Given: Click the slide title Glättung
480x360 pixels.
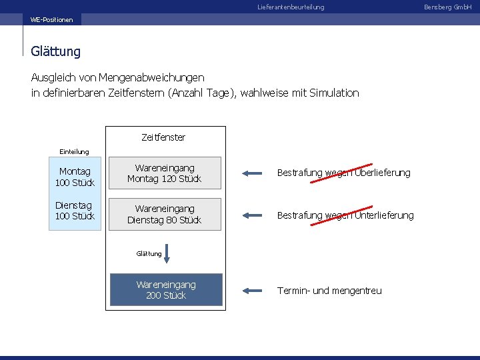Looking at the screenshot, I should click(55, 51).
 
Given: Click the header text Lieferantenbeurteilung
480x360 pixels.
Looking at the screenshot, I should click(291, 7).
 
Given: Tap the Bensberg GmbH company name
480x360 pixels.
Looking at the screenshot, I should click(453, 7).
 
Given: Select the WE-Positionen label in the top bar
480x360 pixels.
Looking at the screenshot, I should click(51, 19).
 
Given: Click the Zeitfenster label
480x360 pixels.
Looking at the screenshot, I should click(163, 137).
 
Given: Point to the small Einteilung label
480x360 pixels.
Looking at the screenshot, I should click(74, 151).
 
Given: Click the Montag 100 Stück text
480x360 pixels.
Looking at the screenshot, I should click(75, 177).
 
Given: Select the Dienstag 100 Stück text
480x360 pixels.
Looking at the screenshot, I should click(75, 211).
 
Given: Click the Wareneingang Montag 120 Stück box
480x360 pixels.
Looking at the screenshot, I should click(165, 174).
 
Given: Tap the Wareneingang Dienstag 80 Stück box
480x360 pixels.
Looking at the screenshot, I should click(165, 215).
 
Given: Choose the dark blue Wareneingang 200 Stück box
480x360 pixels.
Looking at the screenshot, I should click(166, 290).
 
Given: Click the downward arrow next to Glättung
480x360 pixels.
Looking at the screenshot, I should click(167, 254).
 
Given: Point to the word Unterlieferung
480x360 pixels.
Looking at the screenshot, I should click(384, 215).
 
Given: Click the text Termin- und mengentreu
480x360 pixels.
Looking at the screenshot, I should click(329, 291).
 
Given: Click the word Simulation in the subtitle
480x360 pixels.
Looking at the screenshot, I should click(334, 93).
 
